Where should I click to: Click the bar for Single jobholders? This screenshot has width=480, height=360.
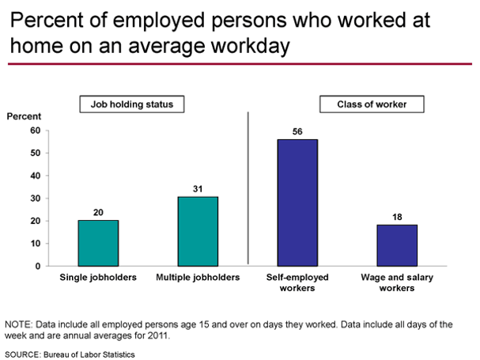point(99,243)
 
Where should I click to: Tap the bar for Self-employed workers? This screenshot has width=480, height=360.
point(297,203)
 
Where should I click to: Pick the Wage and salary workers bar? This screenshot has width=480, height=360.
point(397,245)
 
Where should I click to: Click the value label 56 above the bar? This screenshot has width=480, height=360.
point(297,131)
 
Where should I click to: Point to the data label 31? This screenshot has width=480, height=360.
point(198,188)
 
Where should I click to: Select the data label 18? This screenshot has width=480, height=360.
point(397,217)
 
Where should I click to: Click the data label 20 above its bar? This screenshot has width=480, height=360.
point(99,212)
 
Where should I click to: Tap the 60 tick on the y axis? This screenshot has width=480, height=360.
point(35,131)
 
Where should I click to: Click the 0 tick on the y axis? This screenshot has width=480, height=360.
point(37,266)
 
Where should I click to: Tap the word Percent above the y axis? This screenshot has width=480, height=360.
point(24,116)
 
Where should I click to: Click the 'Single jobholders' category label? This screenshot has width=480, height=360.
point(99,279)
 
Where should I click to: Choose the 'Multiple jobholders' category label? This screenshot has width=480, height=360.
point(198,279)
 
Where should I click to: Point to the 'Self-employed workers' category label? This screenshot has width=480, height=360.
point(297,283)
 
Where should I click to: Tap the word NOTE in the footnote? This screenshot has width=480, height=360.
point(18,324)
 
